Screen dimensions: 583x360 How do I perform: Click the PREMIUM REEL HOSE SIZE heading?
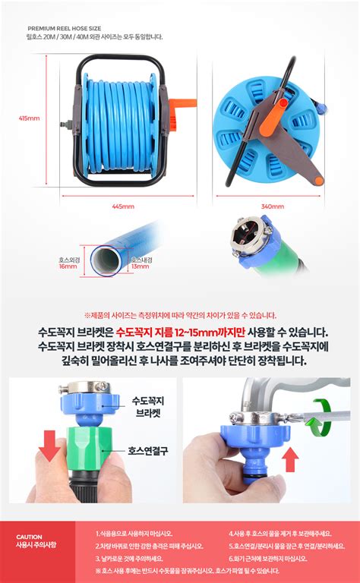click(x=64, y=27)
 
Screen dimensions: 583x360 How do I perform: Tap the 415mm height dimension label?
click(x=29, y=118)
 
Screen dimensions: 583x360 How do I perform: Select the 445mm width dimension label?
click(x=122, y=206)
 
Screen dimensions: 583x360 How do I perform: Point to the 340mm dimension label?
click(x=271, y=206)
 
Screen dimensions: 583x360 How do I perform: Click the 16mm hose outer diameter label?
click(x=68, y=263)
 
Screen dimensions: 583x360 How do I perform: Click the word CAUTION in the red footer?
click(x=29, y=537)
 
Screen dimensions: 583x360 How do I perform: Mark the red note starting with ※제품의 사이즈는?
click(x=180, y=315)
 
